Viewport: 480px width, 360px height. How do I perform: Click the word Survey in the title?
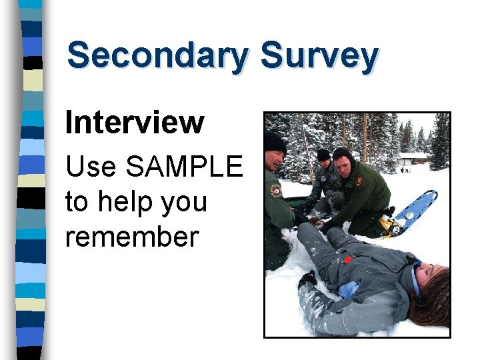coord(319,56)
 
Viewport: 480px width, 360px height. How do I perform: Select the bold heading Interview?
coord(134,123)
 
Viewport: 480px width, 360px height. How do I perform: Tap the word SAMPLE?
coord(184,167)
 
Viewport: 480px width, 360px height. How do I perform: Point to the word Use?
coord(91,167)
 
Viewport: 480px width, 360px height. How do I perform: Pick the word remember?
coord(131,236)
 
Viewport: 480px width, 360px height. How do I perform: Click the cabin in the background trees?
coord(414,161)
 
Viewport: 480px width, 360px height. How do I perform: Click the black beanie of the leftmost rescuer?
coord(274,141)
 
